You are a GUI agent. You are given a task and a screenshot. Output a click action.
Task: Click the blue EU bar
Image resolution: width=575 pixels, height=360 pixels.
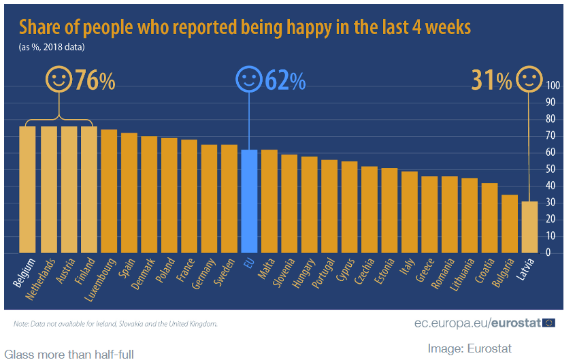(x=250, y=201)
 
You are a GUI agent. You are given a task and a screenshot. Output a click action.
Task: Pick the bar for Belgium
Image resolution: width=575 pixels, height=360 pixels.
(x=27, y=189)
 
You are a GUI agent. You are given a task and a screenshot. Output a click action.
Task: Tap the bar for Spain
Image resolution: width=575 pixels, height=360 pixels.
(x=129, y=193)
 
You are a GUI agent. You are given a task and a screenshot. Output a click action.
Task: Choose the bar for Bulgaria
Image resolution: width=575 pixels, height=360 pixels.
(x=510, y=223)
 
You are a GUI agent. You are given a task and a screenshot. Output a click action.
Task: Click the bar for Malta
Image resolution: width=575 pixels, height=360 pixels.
(x=269, y=201)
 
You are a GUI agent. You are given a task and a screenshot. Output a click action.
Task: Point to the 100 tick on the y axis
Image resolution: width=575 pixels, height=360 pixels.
(x=553, y=86)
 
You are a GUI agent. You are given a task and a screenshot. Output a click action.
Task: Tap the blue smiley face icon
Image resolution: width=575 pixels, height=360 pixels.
(x=248, y=80)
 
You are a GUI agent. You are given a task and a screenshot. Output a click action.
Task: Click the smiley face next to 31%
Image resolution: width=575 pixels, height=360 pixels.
(x=529, y=80)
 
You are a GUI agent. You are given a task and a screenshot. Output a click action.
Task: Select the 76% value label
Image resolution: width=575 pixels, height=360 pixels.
(x=95, y=80)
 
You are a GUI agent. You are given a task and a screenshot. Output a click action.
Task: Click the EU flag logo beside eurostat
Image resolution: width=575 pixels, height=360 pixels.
(x=549, y=323)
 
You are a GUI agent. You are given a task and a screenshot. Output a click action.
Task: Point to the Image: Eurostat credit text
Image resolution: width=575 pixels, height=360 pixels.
(x=470, y=348)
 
